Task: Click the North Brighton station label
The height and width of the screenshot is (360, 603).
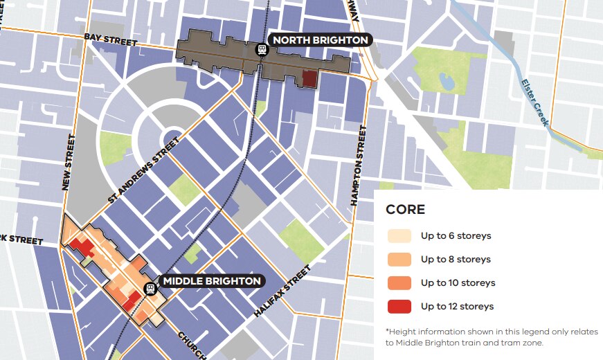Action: [320, 40]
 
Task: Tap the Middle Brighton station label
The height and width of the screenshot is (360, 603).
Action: [211, 281]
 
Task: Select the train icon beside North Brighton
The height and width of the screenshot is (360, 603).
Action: [262, 49]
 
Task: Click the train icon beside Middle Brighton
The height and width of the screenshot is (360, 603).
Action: [150, 289]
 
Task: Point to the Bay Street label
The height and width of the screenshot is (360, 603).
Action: [111, 39]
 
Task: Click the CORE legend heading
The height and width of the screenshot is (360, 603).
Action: [405, 210]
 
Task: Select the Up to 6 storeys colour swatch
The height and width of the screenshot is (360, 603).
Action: [399, 236]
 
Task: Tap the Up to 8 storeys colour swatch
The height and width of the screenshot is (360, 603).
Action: [399, 260]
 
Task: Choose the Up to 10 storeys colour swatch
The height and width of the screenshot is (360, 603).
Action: [399, 283]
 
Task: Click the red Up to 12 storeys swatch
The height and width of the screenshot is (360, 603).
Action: [399, 307]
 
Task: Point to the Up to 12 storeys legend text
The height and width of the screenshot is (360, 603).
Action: [456, 307]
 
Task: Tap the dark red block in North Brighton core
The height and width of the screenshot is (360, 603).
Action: [309, 79]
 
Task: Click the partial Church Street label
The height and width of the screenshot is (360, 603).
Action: [192, 344]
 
